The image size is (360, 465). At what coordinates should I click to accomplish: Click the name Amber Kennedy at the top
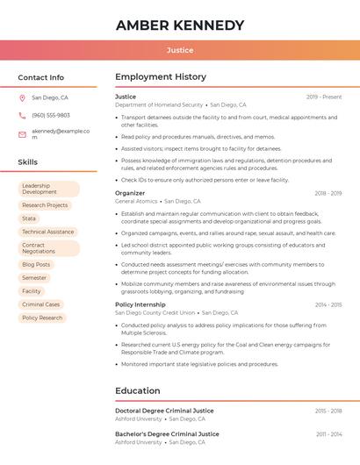179,25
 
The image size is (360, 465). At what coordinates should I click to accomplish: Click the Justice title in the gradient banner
179,50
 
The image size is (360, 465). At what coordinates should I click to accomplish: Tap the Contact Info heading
40,77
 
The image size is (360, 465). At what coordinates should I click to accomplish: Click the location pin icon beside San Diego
22,98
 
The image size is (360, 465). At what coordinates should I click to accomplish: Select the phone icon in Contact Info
22,116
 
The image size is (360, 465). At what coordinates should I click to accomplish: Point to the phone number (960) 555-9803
51,116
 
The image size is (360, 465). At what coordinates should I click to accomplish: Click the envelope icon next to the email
22,134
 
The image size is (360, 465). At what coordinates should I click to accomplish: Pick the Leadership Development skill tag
48,189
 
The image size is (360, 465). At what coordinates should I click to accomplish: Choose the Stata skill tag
30,218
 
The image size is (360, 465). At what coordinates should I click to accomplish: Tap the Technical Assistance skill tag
48,232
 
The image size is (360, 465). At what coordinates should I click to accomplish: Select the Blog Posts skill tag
36,264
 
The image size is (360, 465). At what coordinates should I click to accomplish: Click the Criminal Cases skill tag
41,304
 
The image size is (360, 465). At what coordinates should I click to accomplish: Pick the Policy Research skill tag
42,318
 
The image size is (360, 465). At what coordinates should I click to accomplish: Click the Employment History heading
161,77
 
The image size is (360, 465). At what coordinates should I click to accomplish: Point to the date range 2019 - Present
324,97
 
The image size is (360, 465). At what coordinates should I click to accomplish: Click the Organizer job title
130,193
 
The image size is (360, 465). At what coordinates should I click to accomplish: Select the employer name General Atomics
136,201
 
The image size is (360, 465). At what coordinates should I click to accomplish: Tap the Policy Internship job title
140,304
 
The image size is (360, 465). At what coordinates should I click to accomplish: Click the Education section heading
138,390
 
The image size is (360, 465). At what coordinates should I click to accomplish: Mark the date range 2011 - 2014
328,434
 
